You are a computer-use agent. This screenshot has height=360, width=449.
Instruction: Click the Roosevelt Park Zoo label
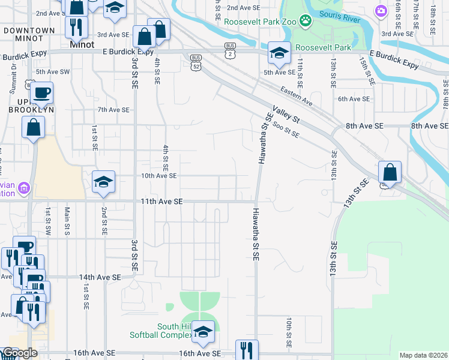coord(260,22)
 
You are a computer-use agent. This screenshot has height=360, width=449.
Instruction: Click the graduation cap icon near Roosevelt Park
coord(279,53)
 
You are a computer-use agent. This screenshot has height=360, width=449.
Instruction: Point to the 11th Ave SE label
coord(163,202)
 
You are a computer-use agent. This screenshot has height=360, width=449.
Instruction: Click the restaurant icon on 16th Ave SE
coord(247,350)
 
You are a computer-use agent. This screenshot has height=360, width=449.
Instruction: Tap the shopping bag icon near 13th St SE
coord(390,172)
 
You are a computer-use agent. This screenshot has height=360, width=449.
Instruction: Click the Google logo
coord(19,353)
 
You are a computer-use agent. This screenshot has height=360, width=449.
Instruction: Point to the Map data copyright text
coord(424,355)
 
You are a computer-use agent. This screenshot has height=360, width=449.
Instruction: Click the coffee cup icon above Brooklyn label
coord(41,93)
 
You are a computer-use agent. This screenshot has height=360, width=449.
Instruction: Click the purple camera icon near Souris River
coord(381,11)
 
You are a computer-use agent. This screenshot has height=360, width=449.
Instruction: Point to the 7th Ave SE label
coord(114,110)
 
